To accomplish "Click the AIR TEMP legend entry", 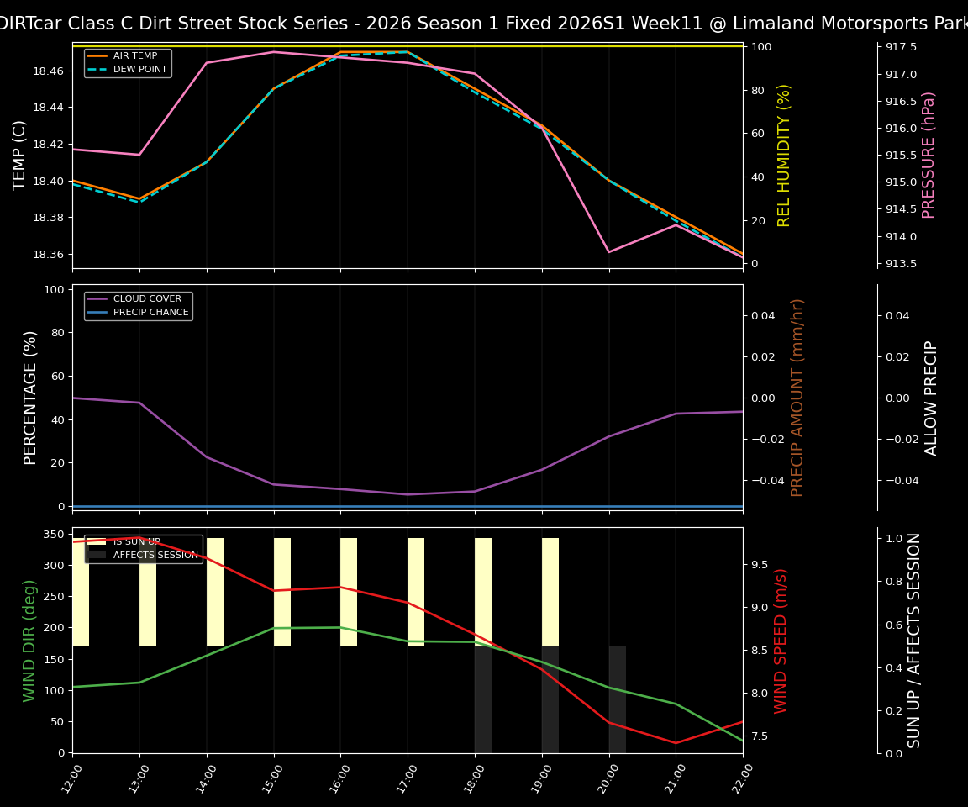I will point(134,56).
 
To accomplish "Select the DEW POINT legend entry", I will point(139,69).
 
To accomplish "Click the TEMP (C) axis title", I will point(20,155).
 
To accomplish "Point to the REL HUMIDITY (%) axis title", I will point(785,155).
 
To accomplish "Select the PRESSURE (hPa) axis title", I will point(929,155).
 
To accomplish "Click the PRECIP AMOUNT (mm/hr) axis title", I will point(798,397).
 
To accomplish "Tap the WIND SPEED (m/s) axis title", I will point(781,641).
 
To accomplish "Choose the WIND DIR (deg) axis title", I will point(30,641).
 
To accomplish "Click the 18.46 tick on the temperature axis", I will point(47,71).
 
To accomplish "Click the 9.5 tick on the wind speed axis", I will point(760,564).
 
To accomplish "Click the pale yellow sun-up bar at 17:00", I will point(416,592).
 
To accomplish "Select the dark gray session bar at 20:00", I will point(618,699).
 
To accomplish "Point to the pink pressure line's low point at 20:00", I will point(609,251).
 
